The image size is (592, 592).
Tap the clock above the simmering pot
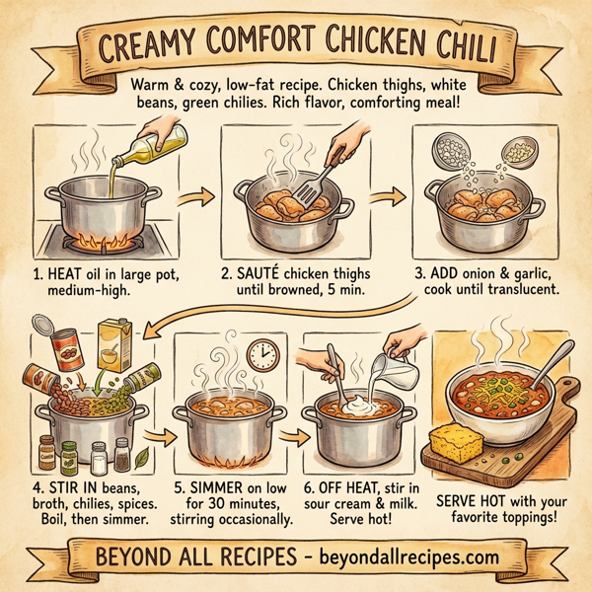(261, 354)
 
